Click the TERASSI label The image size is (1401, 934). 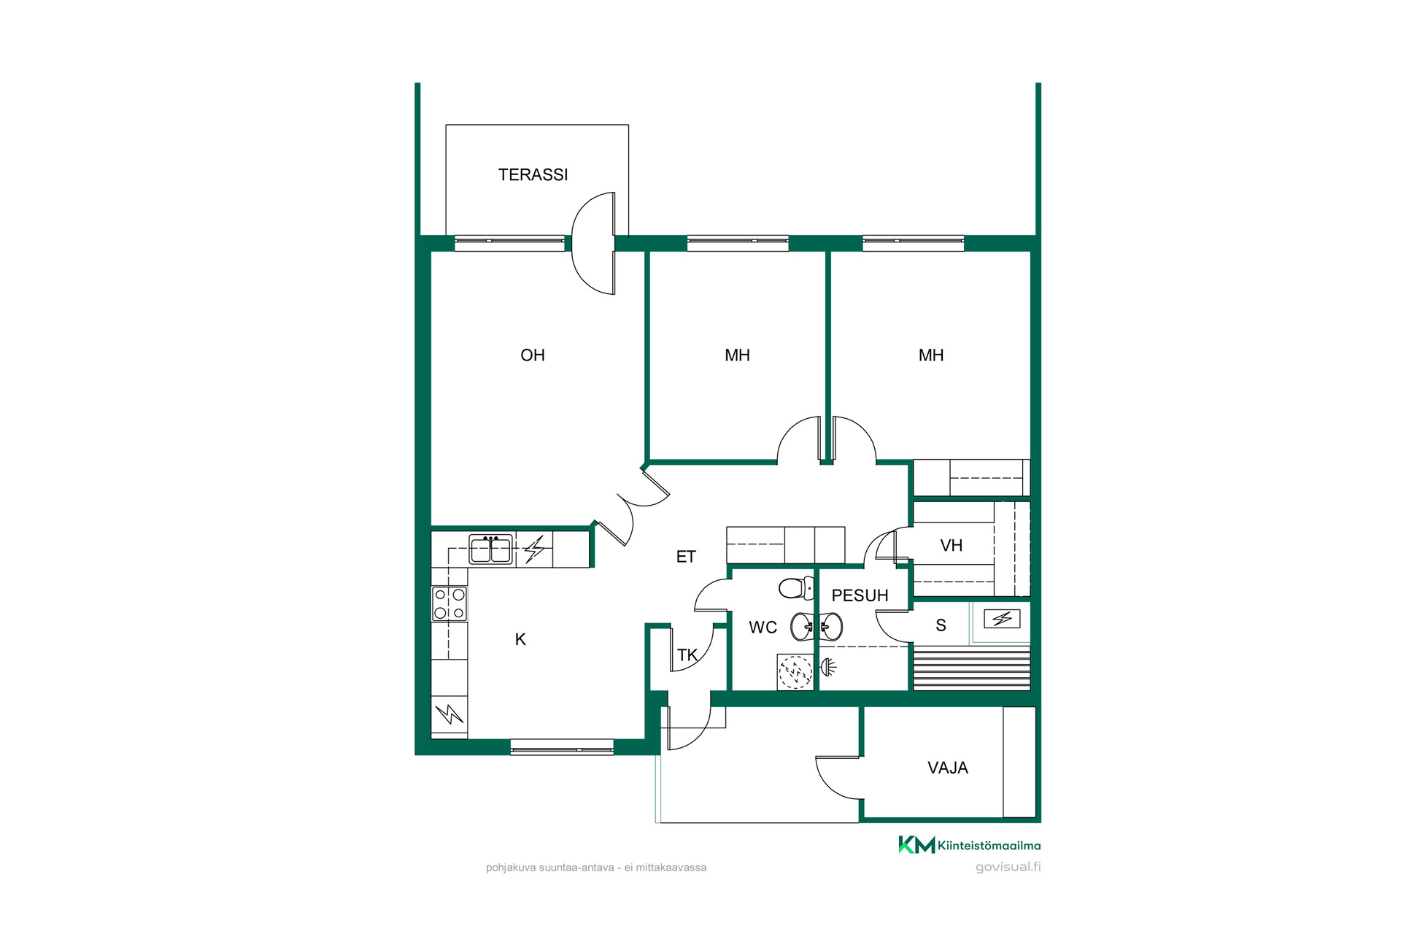533,174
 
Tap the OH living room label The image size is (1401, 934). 533,355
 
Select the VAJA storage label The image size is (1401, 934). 948,768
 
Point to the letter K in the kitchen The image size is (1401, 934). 520,639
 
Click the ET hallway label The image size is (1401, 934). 686,557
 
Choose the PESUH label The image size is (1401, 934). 860,595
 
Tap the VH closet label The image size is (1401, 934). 952,546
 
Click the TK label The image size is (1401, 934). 687,655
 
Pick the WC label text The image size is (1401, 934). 763,628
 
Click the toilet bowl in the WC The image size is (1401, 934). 796,587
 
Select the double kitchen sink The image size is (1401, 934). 491,549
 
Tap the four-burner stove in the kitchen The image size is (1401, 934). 449,603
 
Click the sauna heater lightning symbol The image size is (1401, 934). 1002,620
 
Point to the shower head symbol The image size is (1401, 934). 828,666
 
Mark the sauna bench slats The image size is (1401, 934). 972,668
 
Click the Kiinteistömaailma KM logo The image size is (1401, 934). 969,845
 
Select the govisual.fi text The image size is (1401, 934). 1008,867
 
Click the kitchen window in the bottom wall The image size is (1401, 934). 562,746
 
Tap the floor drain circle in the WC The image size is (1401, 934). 795,672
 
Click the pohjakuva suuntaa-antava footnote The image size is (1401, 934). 596,868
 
